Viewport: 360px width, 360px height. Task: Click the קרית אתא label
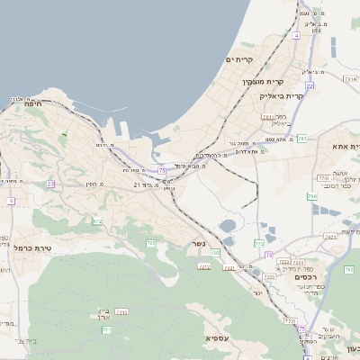tap(346, 146)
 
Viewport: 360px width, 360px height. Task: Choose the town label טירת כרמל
tap(33, 247)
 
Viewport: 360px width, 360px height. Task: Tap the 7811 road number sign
tap(267, 117)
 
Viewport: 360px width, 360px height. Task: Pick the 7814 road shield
tap(349, 79)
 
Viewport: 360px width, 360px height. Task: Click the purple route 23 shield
tap(50, 184)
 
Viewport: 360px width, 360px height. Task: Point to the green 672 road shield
tap(97, 220)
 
